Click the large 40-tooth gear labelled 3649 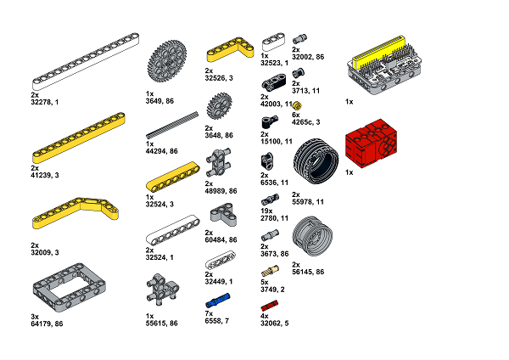coord(167,61)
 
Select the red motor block coord(371,143)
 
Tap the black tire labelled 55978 coord(316,161)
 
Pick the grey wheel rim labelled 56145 coord(312,236)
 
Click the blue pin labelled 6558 coord(218,301)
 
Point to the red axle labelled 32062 coord(270,306)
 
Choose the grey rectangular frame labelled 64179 coord(69,288)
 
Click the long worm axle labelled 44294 coord(172,125)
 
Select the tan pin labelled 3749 coord(270,271)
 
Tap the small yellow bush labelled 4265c coord(297,105)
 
